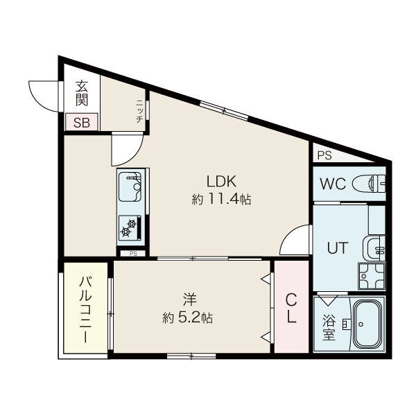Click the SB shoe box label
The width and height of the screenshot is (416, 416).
82,123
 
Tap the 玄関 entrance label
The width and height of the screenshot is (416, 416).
82,93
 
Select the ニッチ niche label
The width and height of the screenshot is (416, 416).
139,112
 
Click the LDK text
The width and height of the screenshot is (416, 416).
221,182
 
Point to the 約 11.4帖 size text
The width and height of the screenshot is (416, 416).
221,199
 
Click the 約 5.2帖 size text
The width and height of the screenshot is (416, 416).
188,318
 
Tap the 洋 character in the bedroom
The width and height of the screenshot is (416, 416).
189,300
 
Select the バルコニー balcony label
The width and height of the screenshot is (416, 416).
85,309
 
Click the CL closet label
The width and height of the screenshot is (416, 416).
291,309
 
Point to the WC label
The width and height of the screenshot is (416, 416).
333,184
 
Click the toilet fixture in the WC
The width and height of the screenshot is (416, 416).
369,183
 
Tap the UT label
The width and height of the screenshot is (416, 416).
337,248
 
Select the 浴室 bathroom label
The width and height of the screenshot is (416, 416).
329,327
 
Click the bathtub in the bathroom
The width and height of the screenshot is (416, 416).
369,324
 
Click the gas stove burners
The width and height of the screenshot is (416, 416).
130,228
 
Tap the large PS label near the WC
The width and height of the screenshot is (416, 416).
324,155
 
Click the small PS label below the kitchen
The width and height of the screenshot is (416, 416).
133,254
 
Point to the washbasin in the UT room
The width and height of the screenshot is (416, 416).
374,249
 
